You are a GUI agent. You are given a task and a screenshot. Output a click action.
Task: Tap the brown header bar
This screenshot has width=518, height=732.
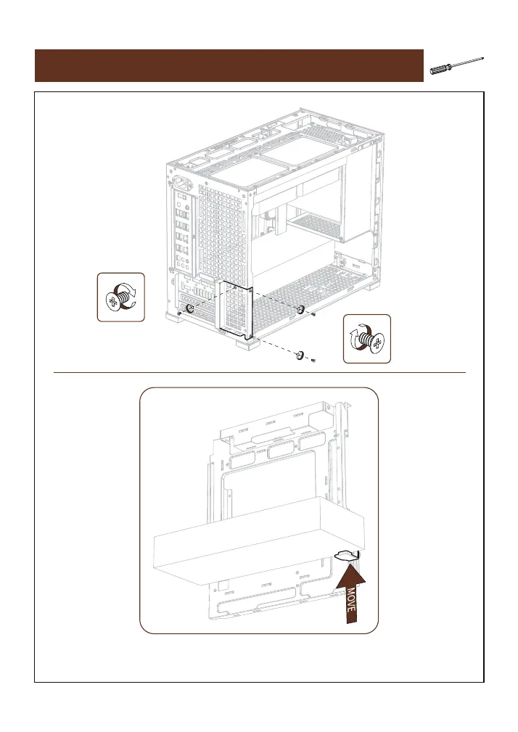click(229, 66)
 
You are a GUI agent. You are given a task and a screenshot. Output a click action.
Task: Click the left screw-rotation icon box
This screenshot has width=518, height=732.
click(121, 297)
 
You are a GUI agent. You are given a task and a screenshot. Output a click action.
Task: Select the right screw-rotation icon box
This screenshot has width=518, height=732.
click(366, 339)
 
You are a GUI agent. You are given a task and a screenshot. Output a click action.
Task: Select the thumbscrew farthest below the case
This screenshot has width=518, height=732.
click(298, 355)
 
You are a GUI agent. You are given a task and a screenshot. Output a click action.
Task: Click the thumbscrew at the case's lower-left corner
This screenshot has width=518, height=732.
click(191, 309)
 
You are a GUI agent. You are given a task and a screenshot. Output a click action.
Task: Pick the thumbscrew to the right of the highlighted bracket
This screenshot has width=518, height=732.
click(300, 310)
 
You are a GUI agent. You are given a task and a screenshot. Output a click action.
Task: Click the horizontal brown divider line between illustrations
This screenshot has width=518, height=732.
click(259, 373)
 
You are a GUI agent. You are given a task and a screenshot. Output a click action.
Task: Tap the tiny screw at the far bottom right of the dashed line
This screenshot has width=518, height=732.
click(312, 360)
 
